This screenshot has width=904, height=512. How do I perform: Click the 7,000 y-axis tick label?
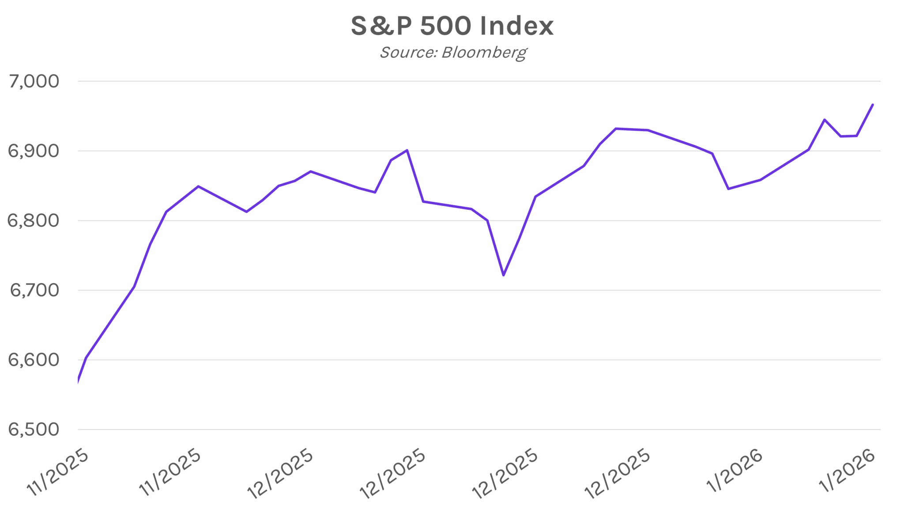(x=34, y=81)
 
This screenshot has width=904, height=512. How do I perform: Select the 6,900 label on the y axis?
(x=34, y=151)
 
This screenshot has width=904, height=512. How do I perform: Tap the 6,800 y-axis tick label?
(x=34, y=220)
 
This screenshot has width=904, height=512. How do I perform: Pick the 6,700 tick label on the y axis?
(x=34, y=290)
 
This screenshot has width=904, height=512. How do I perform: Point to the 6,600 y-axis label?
(x=34, y=360)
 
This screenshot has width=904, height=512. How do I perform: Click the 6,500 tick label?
(x=34, y=429)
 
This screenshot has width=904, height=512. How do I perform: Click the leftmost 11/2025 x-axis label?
(x=58, y=473)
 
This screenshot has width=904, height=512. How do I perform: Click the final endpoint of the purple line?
(x=873, y=105)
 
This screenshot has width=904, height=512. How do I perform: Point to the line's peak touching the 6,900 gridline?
(x=407, y=150)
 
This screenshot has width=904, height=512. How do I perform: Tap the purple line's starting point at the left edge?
(x=78, y=381)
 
